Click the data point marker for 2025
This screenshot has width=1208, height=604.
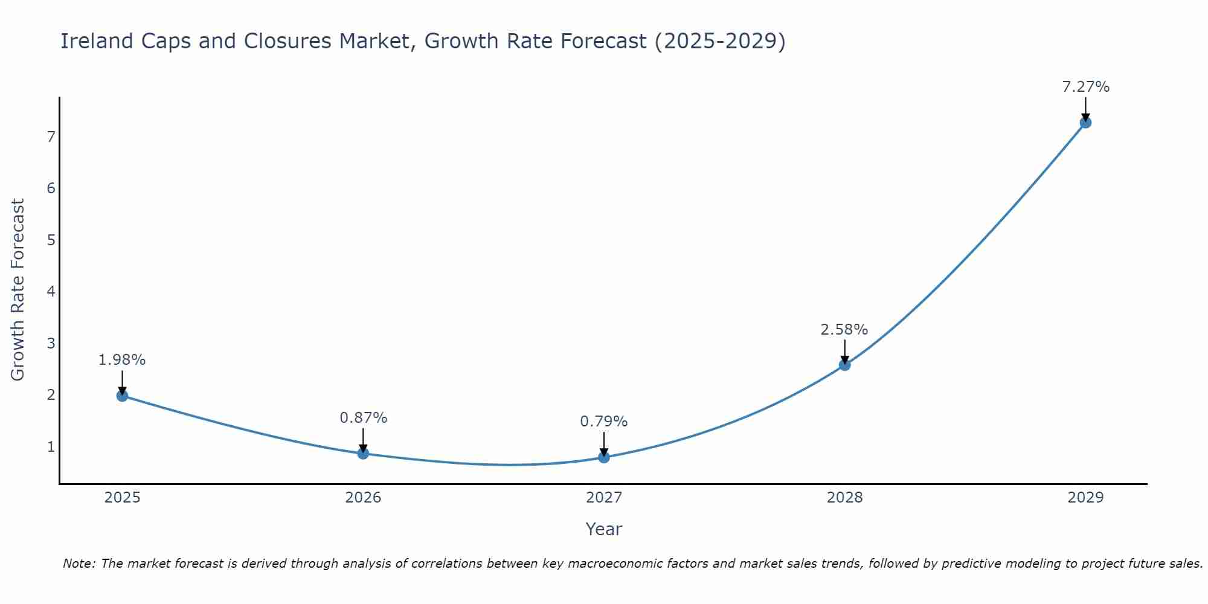pos(122,396)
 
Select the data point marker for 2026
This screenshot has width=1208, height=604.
pos(363,453)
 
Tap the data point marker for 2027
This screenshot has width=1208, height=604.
pos(604,457)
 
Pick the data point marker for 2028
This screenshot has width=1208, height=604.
pos(844,365)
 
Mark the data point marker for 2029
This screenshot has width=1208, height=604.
pos(1085,123)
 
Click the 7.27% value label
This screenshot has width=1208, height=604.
pos(1085,87)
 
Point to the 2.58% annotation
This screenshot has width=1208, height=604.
pos(844,330)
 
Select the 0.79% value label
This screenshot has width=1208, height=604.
pos(603,422)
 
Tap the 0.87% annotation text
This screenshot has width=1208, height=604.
pos(363,418)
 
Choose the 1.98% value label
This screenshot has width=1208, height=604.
pos(122,360)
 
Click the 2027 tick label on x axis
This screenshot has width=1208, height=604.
pos(604,498)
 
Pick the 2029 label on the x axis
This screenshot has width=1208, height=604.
pos(1085,498)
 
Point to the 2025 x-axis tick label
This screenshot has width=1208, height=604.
pos(122,498)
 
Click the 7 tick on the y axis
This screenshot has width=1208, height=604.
pos(51,137)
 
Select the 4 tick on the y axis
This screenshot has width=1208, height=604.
pos(51,292)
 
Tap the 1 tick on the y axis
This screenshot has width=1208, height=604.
pos(51,447)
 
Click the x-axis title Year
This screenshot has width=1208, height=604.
pos(603,529)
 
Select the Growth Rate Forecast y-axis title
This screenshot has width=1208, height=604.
pos(18,290)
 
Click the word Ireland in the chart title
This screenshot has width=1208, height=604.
pos(97,41)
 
